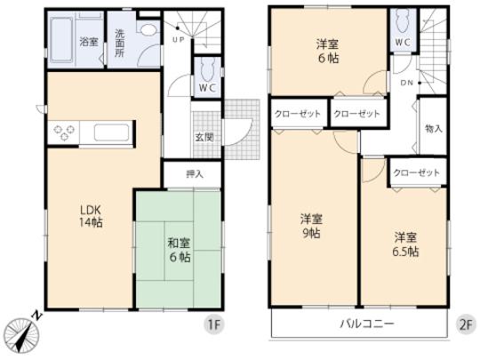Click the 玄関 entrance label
point(204,137)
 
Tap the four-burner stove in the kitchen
point(66,134)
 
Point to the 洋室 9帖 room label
point(309,226)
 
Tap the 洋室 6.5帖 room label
point(407,244)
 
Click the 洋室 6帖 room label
point(327,51)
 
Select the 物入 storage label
point(434,130)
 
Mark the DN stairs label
point(406,84)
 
